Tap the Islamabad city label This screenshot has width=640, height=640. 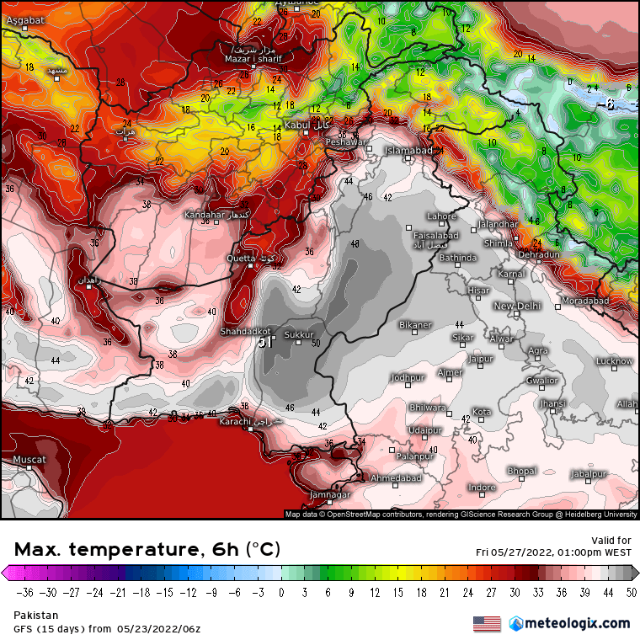[408, 151]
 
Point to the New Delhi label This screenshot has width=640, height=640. [515, 306]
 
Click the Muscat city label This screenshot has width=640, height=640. [29, 460]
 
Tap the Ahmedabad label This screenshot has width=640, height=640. [396, 477]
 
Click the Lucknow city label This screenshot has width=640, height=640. [614, 361]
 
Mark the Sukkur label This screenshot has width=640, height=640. [298, 334]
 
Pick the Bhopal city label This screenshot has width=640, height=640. [521, 471]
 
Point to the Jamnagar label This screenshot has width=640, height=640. [330, 494]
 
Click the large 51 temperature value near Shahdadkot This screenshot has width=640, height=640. [265, 343]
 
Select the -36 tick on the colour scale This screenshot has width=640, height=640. [24, 592]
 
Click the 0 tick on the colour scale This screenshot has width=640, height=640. [280, 592]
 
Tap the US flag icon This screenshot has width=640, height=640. [487, 624]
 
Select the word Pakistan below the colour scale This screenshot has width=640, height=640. [35, 616]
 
